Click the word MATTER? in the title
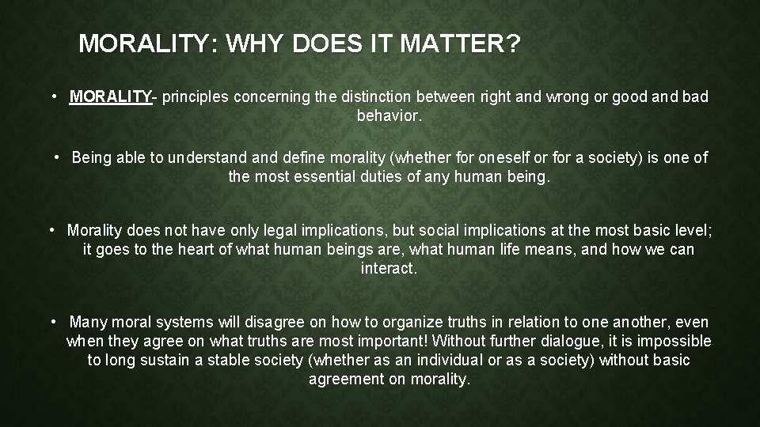pyautogui.click(x=474, y=44)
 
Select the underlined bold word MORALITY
pyautogui.click(x=111, y=97)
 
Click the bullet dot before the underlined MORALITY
pyautogui.click(x=51, y=96)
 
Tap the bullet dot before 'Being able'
pyautogui.click(x=58, y=157)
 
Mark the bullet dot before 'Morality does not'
pyautogui.click(x=51, y=230)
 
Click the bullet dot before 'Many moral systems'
pyautogui.click(x=51, y=322)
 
